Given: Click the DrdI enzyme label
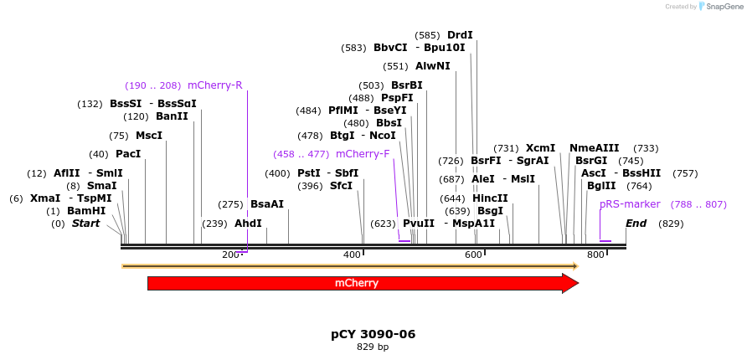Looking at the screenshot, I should tap(460, 35).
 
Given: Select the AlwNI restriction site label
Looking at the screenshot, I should tap(432, 66).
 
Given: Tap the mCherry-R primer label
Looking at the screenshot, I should tap(214, 85).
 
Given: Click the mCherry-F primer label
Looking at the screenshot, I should tap(363, 154).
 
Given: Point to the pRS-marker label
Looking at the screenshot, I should tap(630, 204).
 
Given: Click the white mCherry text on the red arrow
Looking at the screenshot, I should tap(357, 283).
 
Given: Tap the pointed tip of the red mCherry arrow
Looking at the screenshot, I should tap(577, 283).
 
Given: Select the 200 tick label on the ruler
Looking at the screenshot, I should tap(231, 255).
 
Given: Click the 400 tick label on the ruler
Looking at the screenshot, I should tap(353, 255).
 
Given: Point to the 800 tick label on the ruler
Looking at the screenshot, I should tap(595, 255).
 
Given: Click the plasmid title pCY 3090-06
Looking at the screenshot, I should tap(373, 334).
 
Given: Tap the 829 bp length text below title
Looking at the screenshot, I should tap(373, 347).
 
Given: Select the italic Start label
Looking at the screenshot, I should tap(85, 224).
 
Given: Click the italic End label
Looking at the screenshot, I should tap(636, 224).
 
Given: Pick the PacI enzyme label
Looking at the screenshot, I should tap(128, 154).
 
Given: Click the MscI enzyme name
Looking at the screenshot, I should tap(149, 136).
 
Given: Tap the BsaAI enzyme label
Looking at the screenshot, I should tap(267, 204).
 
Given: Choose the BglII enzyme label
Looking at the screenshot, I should tap(601, 186).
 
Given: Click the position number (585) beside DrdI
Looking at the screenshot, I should tap(427, 35).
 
